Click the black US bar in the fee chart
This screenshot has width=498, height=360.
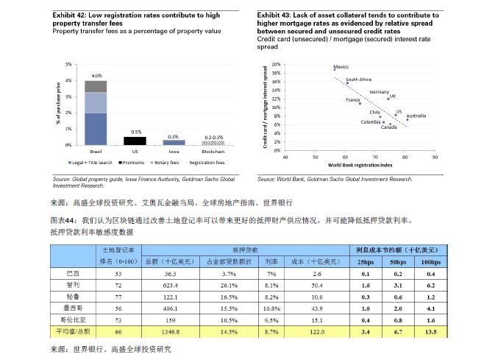click(x=134, y=140)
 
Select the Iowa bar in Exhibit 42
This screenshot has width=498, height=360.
click(x=174, y=142)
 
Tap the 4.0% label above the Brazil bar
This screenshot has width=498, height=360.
click(x=96, y=76)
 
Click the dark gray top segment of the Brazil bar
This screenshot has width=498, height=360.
click(x=96, y=86)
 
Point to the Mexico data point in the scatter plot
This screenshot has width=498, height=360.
click(x=335, y=70)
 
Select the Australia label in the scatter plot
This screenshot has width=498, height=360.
click(x=416, y=116)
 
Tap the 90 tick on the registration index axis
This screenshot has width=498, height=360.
click(x=435, y=157)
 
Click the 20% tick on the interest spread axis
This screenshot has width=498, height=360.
click(x=277, y=65)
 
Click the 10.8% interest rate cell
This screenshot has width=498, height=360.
click(x=271, y=308)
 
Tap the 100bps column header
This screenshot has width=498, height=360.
click(x=430, y=261)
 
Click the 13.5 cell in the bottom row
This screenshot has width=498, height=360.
click(x=430, y=332)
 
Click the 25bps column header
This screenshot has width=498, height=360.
click(x=366, y=261)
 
